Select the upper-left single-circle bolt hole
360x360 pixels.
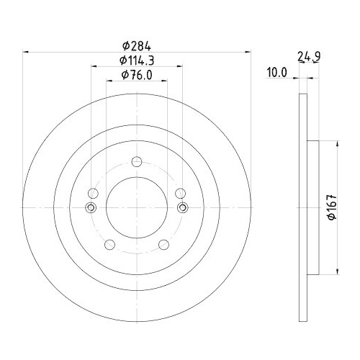point(92,194)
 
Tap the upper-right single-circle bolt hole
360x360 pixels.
point(181,194)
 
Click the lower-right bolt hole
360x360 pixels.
point(164,246)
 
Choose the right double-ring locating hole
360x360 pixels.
point(182,208)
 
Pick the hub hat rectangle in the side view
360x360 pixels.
point(312,208)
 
